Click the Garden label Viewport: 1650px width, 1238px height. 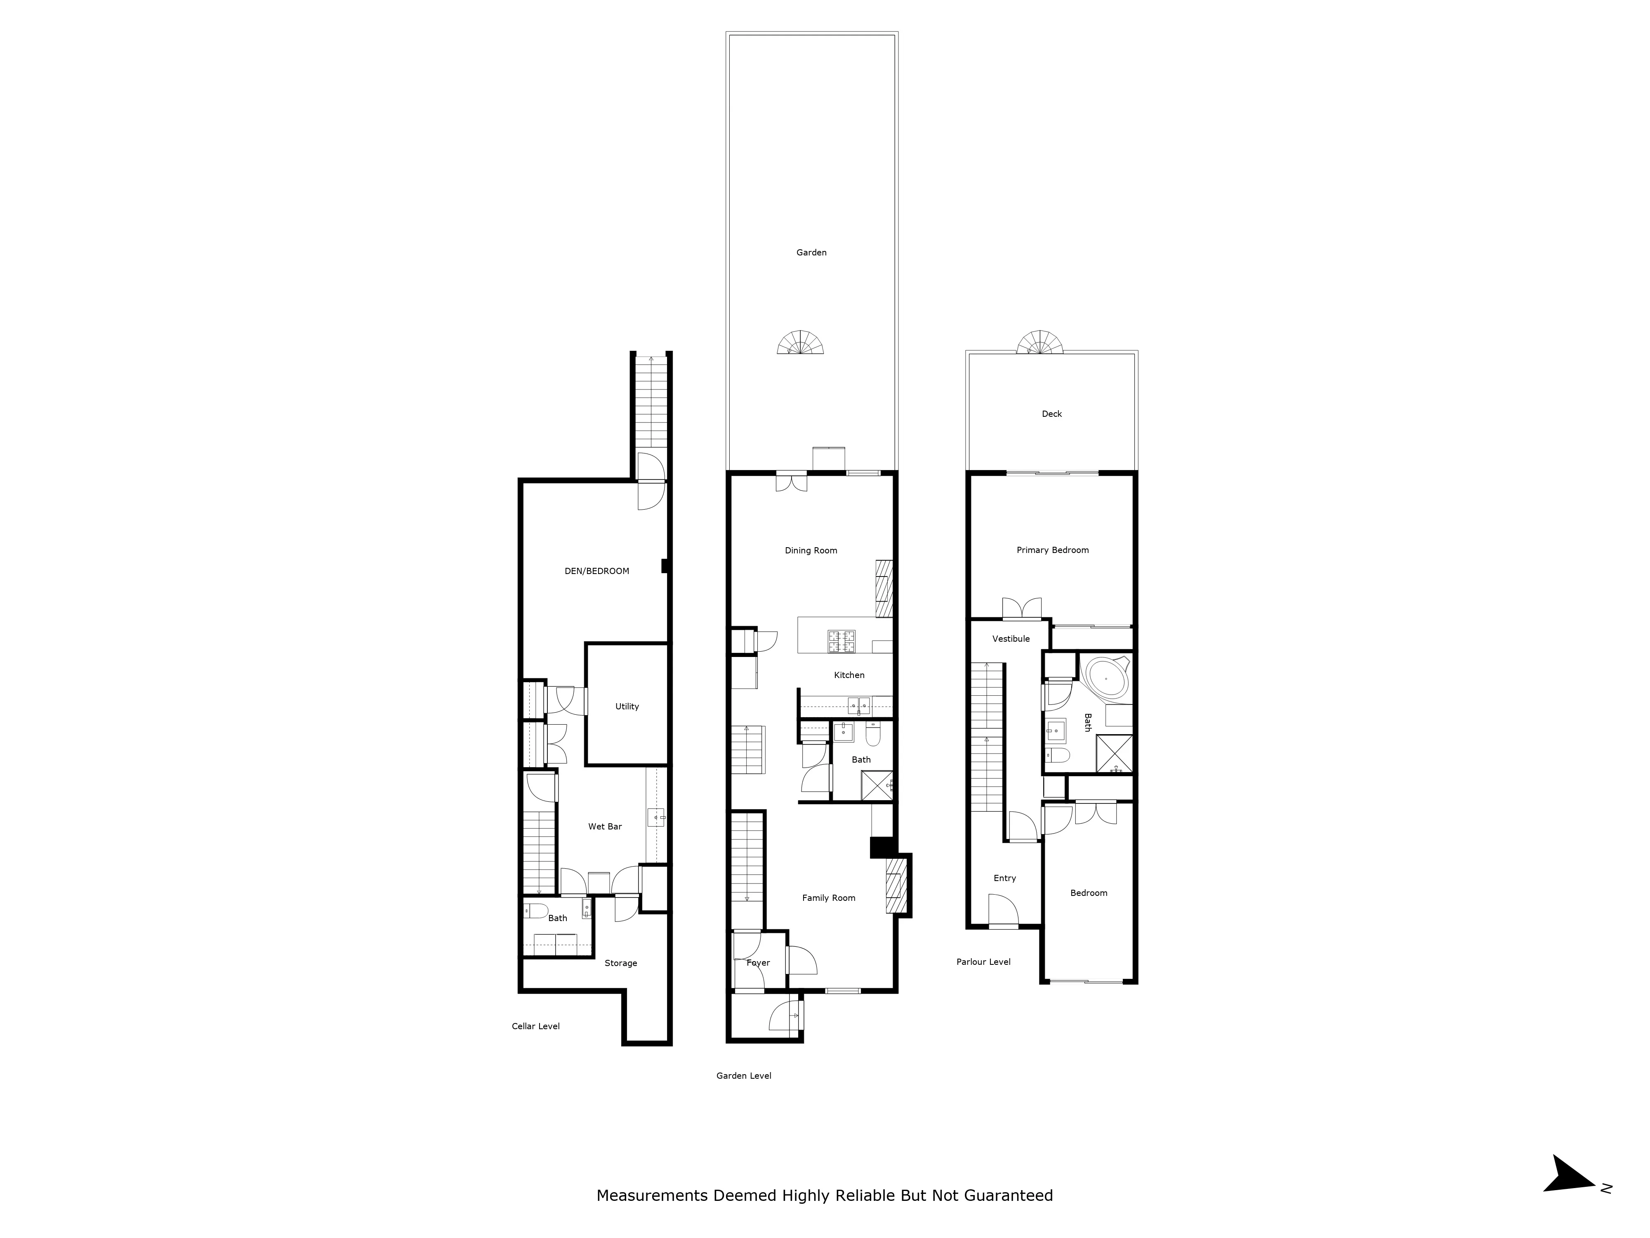coord(811,252)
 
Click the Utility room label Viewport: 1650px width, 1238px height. coord(627,706)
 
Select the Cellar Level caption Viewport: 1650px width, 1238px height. coord(535,1026)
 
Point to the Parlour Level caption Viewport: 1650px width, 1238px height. coord(983,962)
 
